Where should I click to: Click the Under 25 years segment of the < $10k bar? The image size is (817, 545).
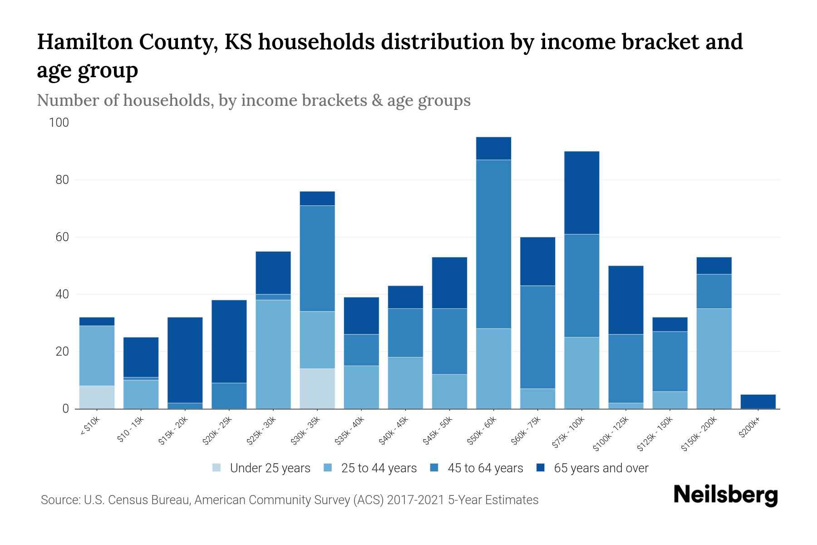[x=97, y=397]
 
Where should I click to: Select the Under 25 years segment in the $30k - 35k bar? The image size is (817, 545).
[x=317, y=388]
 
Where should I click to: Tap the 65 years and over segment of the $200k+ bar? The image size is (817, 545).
[x=758, y=401]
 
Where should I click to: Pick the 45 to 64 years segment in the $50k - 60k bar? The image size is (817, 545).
[x=493, y=244]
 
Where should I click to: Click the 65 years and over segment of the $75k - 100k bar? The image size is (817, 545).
[x=581, y=193]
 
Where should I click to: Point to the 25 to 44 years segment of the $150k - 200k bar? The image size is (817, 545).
[x=714, y=358]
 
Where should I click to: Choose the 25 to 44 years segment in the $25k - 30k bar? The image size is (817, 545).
[x=273, y=354]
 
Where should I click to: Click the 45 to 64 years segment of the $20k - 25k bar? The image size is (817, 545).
[x=229, y=396]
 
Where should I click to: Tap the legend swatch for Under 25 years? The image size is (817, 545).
[x=217, y=468]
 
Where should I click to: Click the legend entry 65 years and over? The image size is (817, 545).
[x=600, y=468]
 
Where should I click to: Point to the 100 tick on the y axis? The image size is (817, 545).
[x=59, y=123]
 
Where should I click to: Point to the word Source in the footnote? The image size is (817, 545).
[x=59, y=500]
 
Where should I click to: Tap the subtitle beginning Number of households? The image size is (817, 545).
[x=253, y=100]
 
